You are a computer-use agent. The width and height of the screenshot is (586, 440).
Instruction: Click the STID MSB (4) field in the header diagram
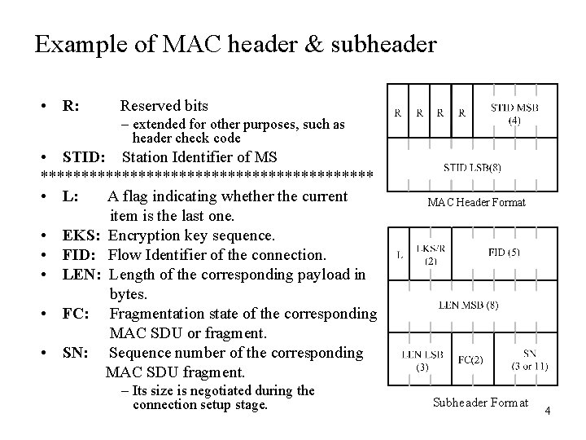(514, 113)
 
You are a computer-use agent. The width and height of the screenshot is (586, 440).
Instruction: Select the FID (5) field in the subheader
(505, 253)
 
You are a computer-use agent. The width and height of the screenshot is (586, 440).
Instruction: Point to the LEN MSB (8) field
(469, 306)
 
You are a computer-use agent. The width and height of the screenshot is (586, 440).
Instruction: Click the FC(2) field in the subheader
(470, 359)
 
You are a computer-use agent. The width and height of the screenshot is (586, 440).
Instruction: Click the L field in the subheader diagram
(400, 254)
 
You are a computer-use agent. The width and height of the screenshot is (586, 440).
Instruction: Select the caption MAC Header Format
(476, 202)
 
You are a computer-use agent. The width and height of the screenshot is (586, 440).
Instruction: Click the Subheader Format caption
(480, 403)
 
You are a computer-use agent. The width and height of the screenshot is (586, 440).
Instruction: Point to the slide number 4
(548, 411)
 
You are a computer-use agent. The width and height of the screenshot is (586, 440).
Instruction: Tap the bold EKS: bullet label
(81, 235)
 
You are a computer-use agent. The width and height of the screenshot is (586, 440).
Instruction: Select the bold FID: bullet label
(81, 255)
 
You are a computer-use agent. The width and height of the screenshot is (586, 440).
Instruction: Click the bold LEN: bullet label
(82, 275)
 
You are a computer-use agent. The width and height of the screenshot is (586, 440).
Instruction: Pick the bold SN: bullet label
(77, 353)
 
